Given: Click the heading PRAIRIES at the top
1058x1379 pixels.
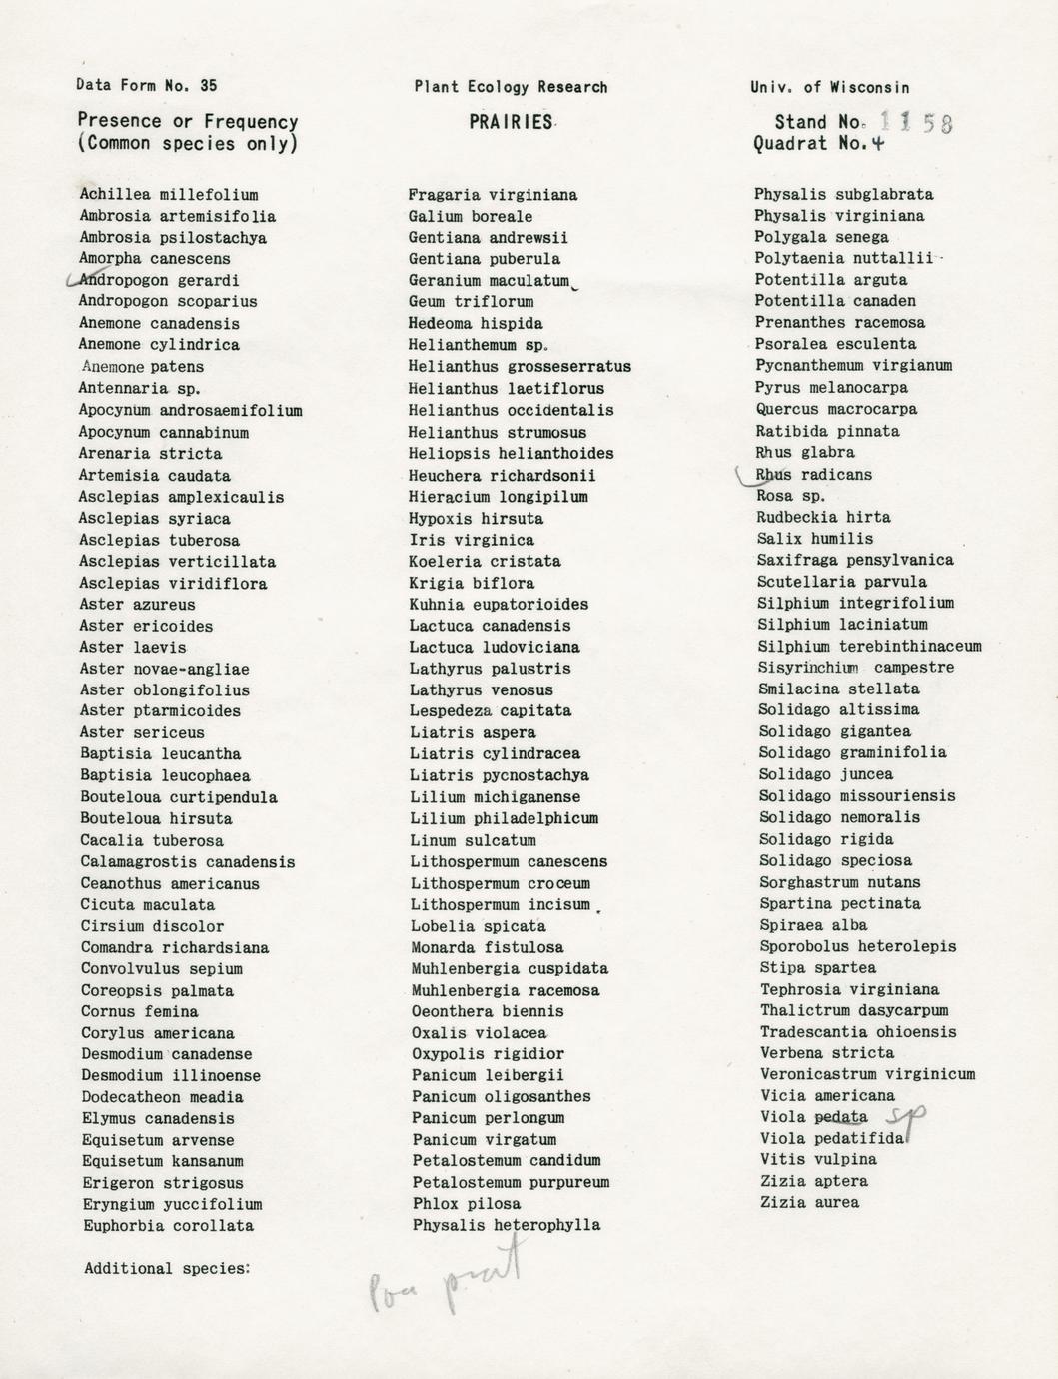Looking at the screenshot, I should point(511,122).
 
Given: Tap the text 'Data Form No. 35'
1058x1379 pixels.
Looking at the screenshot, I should point(146,86).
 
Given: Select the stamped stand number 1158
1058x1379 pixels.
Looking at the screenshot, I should point(918,123).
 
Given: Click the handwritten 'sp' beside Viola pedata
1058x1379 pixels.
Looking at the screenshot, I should point(907,1117).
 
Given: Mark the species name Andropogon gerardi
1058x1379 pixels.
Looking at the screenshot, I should point(159,281).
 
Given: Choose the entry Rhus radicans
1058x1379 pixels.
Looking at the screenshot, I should point(813,475).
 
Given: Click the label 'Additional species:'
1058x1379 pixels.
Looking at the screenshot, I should point(166,1269).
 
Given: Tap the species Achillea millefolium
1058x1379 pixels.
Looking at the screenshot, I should point(169,195).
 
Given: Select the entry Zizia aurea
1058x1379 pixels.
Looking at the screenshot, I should point(809,1203).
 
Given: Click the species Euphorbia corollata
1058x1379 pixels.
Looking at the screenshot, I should point(167,1226).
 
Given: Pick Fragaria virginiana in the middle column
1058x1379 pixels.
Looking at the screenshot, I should point(493,195).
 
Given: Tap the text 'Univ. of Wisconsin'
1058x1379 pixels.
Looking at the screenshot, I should point(830,88).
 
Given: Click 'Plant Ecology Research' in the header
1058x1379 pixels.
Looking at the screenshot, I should point(511,87).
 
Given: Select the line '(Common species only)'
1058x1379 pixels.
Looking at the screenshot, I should point(188,144).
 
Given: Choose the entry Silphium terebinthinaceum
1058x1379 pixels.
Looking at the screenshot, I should point(869,647).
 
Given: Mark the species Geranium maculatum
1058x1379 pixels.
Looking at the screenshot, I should point(489,281).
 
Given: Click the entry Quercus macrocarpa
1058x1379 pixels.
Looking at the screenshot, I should point(836,410).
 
